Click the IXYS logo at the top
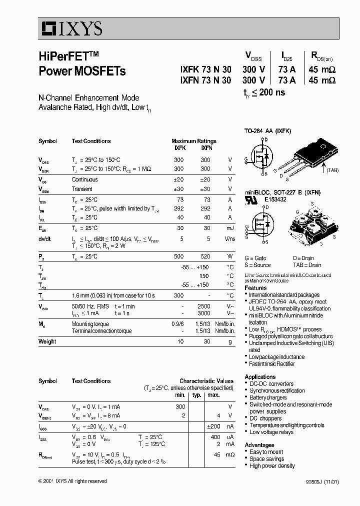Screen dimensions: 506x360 [x=71, y=29]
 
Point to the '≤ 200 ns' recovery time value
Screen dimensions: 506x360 [x=268, y=92]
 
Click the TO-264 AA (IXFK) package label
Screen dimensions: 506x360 [x=267, y=131]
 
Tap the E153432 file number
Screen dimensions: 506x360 [x=275, y=199]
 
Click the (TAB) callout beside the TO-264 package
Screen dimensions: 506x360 [x=332, y=170]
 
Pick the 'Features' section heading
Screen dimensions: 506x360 [x=255, y=288]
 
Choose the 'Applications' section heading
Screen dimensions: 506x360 [x=260, y=377]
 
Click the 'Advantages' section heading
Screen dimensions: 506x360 [x=259, y=445]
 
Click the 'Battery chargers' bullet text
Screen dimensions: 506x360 [x=268, y=397]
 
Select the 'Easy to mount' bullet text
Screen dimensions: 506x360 [x=266, y=452]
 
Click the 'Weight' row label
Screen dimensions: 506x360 [x=47, y=341]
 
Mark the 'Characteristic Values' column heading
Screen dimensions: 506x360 [x=206, y=381]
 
